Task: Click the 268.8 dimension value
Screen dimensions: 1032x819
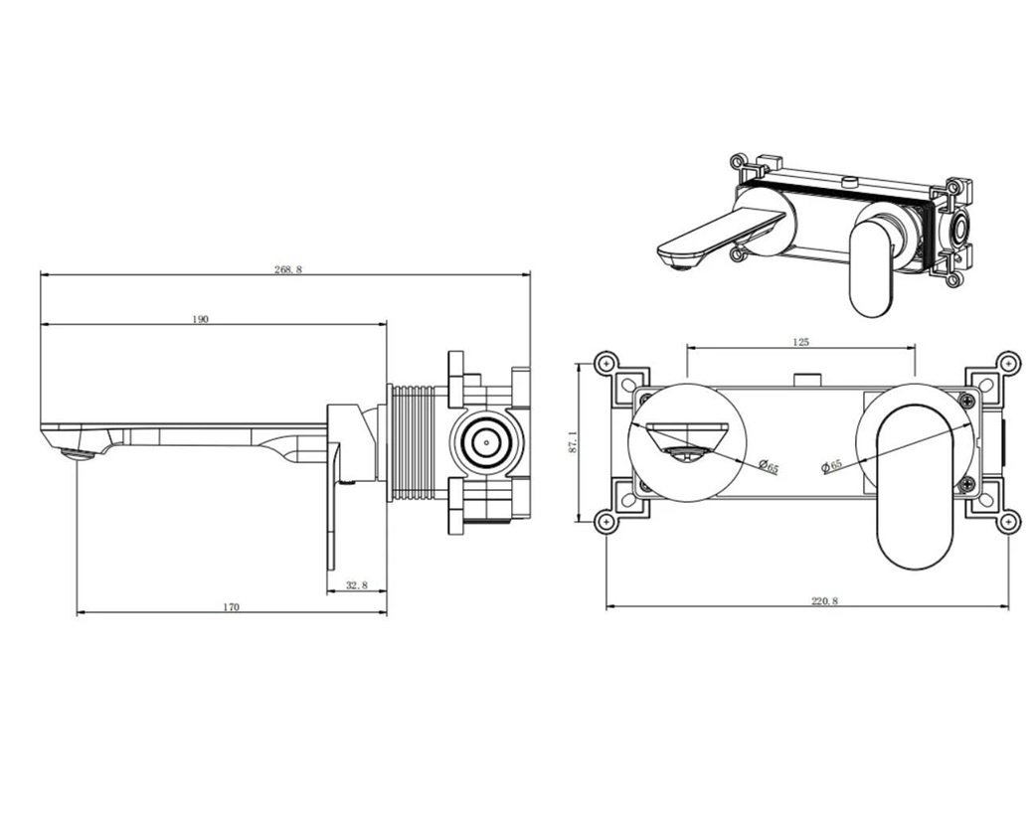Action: pyautogui.click(x=287, y=269)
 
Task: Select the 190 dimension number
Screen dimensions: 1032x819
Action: pyautogui.click(x=200, y=319)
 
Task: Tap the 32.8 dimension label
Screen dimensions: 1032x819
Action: pyautogui.click(x=356, y=584)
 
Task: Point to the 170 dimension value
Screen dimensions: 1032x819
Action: pyautogui.click(x=231, y=607)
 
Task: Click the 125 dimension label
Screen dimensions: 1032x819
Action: pyautogui.click(x=801, y=341)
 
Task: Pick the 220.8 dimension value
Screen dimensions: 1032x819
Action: pyautogui.click(x=824, y=600)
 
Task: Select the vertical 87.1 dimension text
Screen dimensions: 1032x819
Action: pyautogui.click(x=572, y=441)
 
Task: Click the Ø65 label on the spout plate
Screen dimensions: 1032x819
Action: pyautogui.click(x=769, y=466)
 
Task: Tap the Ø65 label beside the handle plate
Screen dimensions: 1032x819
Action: pyautogui.click(x=832, y=466)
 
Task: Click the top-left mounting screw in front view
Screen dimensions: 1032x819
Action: pyautogui.click(x=605, y=363)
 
